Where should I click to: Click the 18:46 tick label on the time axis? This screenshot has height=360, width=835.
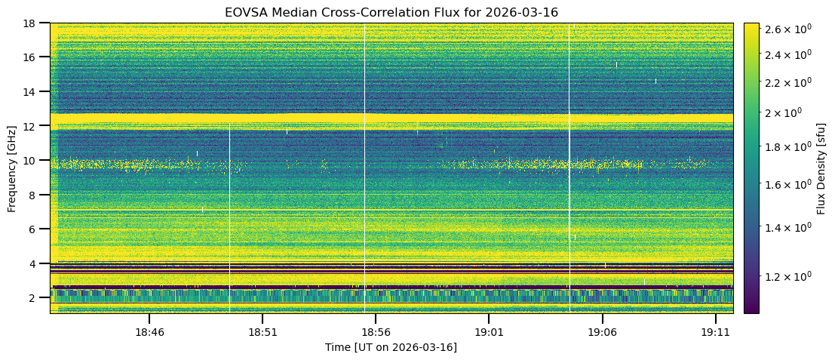149,331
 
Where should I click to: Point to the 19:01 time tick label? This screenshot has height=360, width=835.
488,331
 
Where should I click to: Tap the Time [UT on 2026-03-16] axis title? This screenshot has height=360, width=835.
391,347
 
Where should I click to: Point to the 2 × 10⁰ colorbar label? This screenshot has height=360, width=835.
784,112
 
